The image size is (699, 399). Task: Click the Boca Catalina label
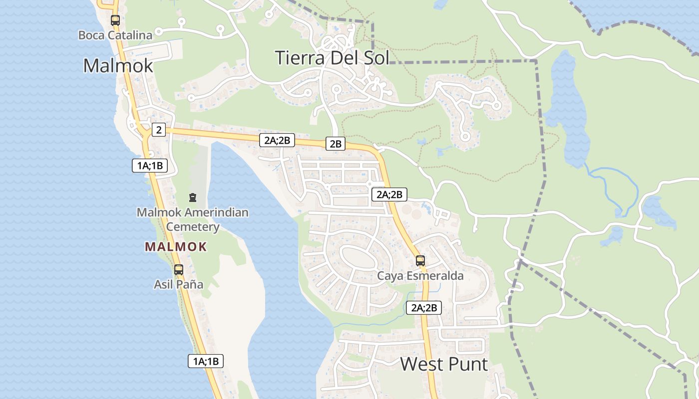click(115, 35)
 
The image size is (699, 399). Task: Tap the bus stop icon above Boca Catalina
click(115, 20)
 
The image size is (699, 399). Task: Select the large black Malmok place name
click(118, 65)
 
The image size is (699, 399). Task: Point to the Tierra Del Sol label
click(332, 58)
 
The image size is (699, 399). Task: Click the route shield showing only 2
click(158, 130)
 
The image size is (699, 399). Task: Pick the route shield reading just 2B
click(336, 144)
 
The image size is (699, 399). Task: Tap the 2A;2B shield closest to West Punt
click(424, 308)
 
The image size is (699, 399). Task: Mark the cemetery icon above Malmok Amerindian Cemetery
click(193, 198)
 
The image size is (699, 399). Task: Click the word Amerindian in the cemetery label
click(216, 213)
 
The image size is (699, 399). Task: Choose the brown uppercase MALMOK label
click(176, 246)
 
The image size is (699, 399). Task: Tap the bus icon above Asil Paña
click(178, 270)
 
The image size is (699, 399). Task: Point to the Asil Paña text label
click(178, 285)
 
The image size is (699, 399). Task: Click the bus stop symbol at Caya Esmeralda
click(420, 261)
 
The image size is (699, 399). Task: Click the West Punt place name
click(444, 364)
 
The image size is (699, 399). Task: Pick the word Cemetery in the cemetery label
click(193, 227)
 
